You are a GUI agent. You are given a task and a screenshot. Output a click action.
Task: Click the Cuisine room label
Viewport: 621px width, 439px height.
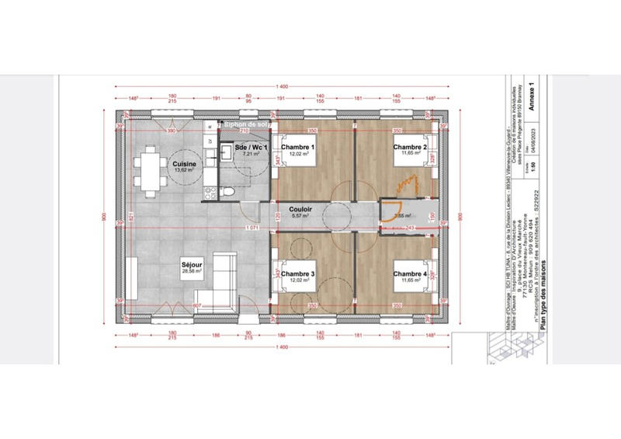[184, 164]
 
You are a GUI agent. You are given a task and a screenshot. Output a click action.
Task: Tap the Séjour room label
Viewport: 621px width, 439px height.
[192, 265]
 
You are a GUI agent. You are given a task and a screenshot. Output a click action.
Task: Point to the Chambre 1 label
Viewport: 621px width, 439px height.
[297, 148]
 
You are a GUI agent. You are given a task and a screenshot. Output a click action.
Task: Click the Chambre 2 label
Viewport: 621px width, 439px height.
[409, 148]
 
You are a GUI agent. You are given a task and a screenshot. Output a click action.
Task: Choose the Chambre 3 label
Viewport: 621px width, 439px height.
[297, 274]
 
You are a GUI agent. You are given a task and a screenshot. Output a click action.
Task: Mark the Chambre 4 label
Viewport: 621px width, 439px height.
[409, 274]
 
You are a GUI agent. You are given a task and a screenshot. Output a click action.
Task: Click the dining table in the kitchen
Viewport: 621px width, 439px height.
[148, 171]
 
